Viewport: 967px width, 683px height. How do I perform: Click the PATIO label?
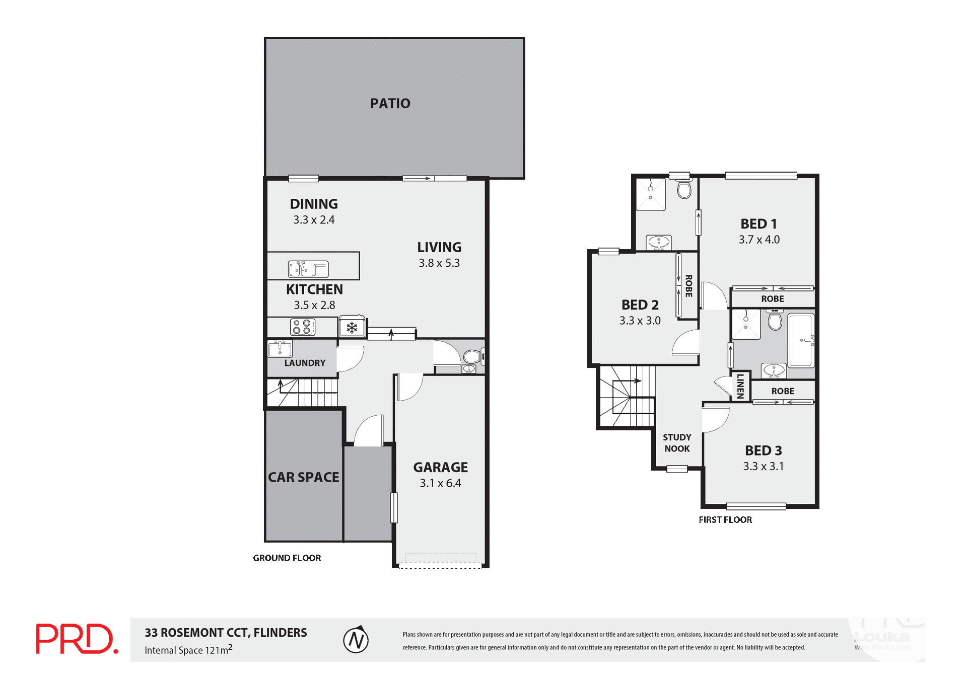click(x=390, y=103)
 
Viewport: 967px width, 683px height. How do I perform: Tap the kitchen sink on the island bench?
click(x=308, y=269)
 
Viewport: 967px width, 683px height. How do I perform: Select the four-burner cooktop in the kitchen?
click(x=303, y=327)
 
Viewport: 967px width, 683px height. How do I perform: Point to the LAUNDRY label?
click(x=305, y=363)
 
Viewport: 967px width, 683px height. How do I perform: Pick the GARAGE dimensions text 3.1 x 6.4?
click(x=440, y=483)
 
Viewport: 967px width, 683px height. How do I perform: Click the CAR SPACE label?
click(x=303, y=477)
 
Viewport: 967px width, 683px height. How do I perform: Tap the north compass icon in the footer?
click(x=356, y=640)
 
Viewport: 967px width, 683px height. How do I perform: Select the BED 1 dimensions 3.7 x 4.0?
click(x=759, y=240)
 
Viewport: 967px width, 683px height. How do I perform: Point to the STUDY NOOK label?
click(x=677, y=443)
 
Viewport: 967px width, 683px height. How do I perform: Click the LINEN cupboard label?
click(x=740, y=386)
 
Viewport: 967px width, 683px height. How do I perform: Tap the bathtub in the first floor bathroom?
click(x=801, y=340)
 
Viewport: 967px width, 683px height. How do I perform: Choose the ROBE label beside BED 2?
click(x=688, y=285)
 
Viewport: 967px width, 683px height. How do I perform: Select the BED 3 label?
click(x=764, y=450)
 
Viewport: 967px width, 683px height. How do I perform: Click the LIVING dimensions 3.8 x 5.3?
click(x=439, y=263)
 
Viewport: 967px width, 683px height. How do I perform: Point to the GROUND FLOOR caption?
click(x=287, y=558)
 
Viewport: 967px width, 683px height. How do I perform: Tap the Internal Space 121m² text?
click(x=188, y=650)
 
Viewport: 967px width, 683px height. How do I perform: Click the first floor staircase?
click(x=626, y=397)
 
